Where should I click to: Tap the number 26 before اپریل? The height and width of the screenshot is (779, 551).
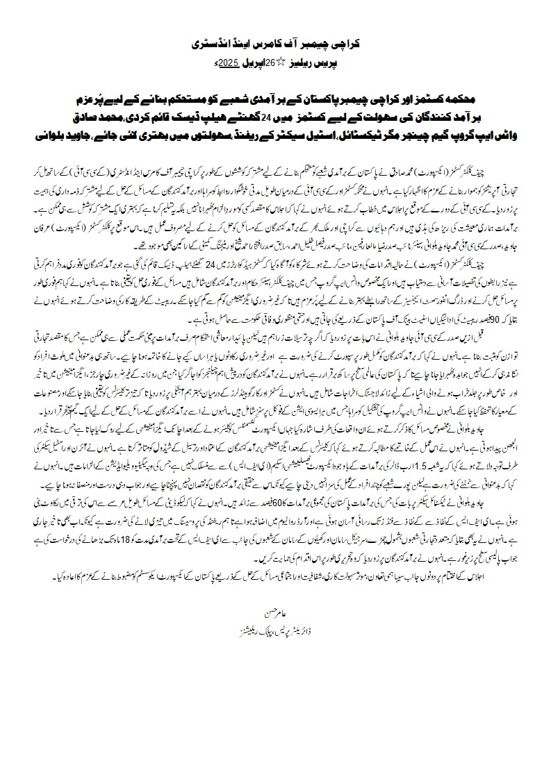(x=261, y=63)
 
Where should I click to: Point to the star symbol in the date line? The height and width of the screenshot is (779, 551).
(x=272, y=63)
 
